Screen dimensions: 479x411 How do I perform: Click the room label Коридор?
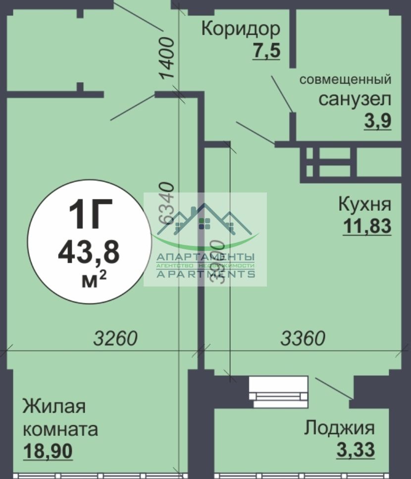click(240, 29)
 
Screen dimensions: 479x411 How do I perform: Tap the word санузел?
click(354, 99)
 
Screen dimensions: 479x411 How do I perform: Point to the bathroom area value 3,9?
click(378, 121)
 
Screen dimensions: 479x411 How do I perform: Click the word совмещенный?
click(346, 79)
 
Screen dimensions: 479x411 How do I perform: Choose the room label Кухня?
click(364, 203)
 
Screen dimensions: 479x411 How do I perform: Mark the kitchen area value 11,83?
click(367, 226)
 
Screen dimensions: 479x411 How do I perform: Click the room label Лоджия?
click(339, 427)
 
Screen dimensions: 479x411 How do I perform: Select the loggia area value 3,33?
click(355, 450)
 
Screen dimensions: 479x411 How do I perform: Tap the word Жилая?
click(54, 407)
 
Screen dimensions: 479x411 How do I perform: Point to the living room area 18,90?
click(48, 451)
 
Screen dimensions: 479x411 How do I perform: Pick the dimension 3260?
click(115, 339)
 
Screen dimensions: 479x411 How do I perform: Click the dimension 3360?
click(303, 339)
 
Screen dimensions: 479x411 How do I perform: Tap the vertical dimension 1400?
click(167, 58)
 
